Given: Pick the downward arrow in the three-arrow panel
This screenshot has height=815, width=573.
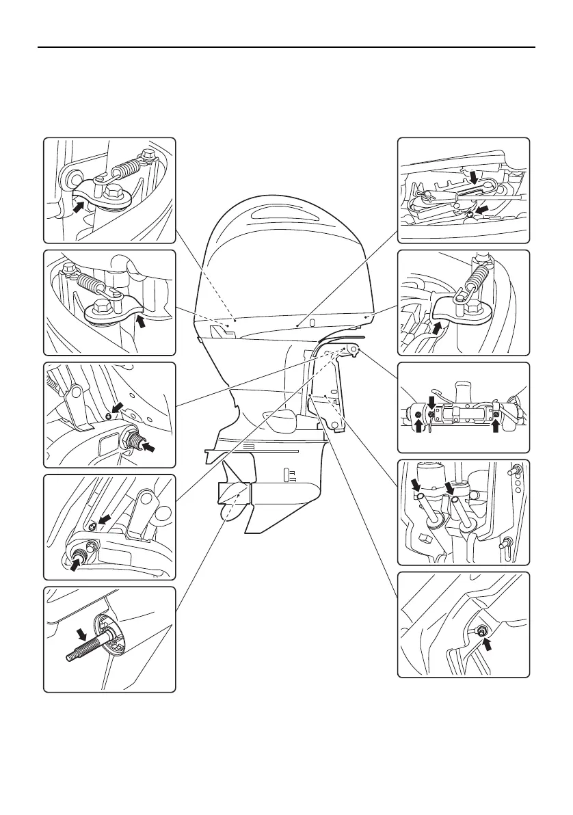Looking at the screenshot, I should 431,399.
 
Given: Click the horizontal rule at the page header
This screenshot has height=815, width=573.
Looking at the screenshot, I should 286,48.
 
